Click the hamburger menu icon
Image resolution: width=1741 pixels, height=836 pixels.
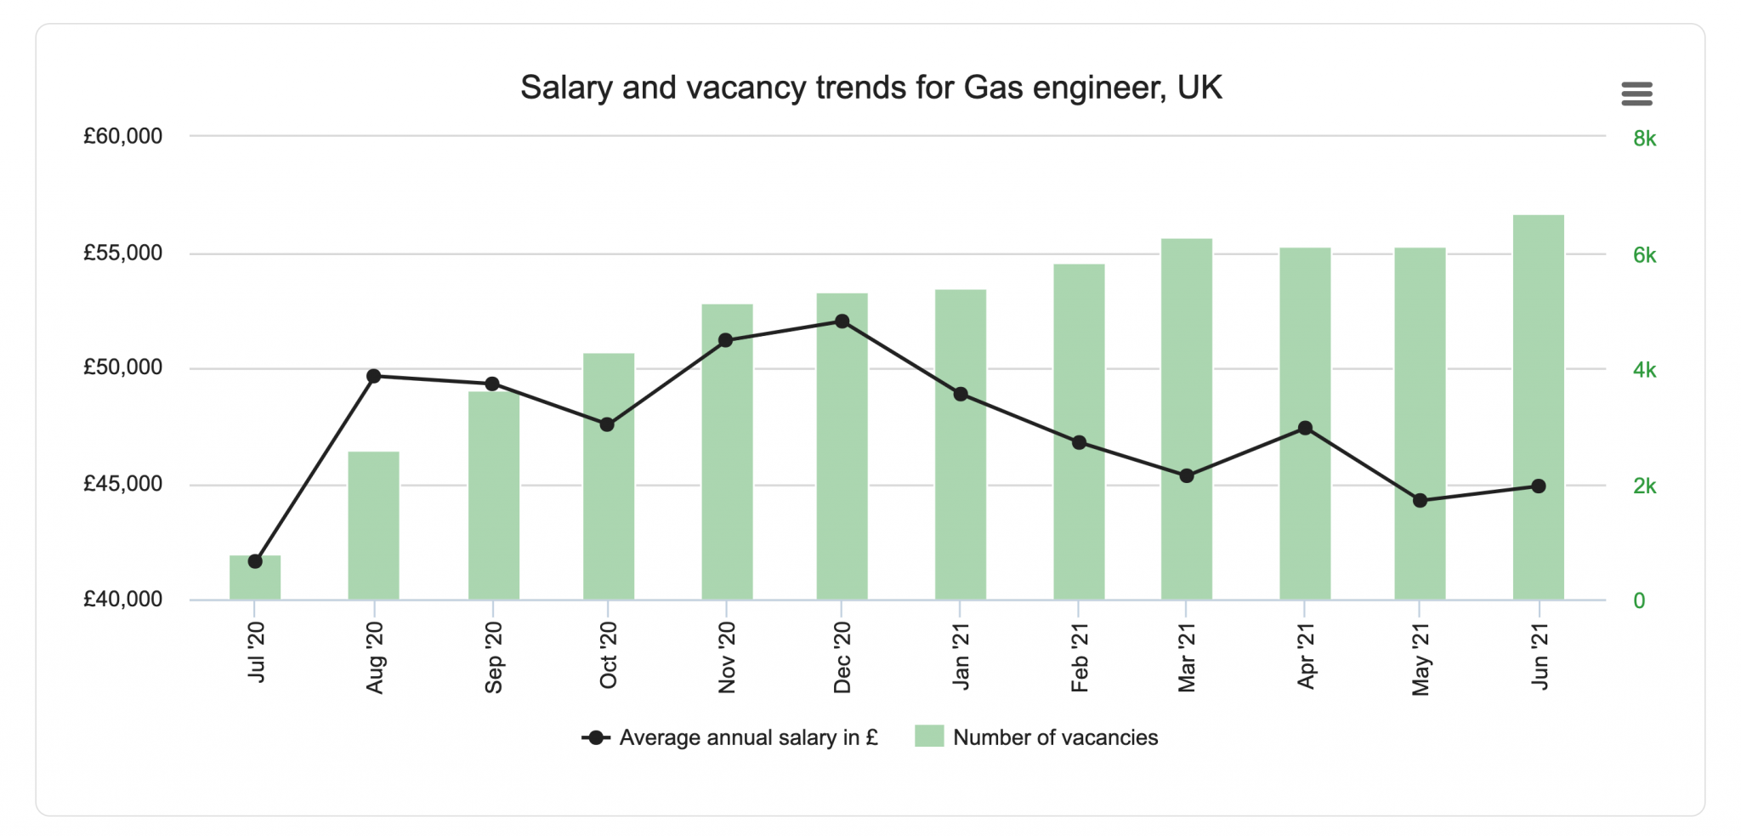[1636, 94]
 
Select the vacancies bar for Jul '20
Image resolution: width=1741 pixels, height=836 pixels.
[255, 583]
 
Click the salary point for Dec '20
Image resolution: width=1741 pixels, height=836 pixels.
[842, 321]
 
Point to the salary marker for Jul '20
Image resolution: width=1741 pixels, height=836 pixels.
[255, 561]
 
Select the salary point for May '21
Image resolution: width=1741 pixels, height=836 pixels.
[1420, 501]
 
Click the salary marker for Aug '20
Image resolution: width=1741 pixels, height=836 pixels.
[373, 376]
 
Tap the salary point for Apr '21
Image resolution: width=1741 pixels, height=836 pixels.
[1305, 429]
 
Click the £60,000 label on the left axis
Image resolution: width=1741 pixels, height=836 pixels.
[122, 136]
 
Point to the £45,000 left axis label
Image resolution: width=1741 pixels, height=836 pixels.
[122, 484]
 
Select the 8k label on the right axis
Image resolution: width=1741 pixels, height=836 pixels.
[1644, 139]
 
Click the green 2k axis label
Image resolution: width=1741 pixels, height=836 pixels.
[1644, 486]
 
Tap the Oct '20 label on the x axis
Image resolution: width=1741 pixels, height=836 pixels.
[608, 655]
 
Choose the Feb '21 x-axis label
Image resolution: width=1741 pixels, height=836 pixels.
[1079, 657]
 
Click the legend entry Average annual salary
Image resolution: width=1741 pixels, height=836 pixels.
[747, 737]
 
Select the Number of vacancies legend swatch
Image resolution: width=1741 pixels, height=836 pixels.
[929, 736]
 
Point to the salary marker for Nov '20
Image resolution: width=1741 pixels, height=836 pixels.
[726, 340]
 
